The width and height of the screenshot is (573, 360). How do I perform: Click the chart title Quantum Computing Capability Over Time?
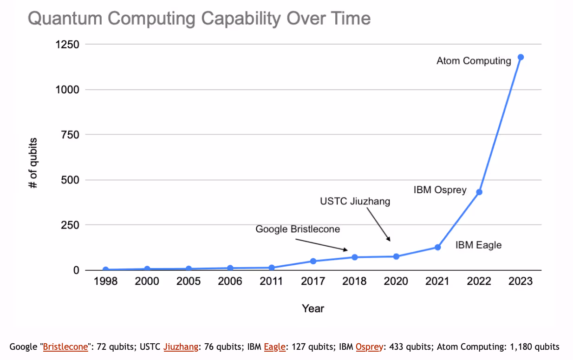click(x=199, y=19)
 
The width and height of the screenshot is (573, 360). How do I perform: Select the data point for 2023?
click(x=521, y=57)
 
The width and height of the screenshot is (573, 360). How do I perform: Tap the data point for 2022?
click(x=479, y=192)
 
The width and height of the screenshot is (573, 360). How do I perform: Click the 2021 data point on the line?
click(x=437, y=247)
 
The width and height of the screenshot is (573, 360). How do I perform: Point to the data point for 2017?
click(x=313, y=261)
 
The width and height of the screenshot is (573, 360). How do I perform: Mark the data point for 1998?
click(x=106, y=269)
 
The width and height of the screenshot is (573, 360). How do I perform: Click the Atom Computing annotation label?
click(x=473, y=61)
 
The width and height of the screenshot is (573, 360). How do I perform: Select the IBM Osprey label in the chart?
click(x=440, y=190)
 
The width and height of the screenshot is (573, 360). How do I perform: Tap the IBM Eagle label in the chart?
click(x=478, y=245)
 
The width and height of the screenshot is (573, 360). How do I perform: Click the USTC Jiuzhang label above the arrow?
click(x=355, y=202)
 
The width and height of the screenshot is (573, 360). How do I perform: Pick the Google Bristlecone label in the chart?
click(x=298, y=229)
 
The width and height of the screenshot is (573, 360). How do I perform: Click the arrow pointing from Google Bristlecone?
click(x=321, y=245)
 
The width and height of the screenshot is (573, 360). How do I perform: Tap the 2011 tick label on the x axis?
click(x=272, y=281)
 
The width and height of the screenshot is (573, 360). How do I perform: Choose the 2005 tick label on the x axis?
click(x=189, y=281)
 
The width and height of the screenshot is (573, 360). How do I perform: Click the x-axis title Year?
click(x=313, y=308)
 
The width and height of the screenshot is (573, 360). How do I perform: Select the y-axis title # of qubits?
click(x=33, y=163)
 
